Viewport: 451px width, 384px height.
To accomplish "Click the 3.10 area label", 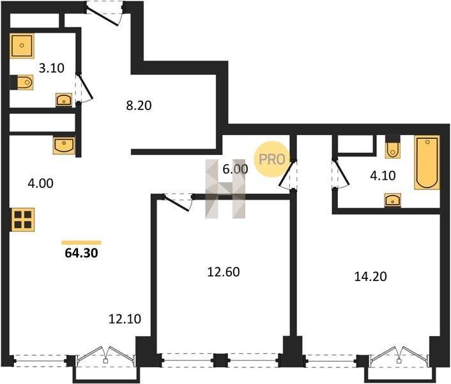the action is (52, 68).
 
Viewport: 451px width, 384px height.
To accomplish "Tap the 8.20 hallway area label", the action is (139, 106).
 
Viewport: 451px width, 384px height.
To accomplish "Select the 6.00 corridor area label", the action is (235, 169).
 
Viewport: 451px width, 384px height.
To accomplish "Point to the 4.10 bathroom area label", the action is (383, 175).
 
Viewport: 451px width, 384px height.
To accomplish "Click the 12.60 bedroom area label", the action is (224, 271).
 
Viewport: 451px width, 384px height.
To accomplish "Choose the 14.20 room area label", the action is (371, 276).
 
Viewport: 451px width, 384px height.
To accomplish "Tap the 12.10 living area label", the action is (125, 319).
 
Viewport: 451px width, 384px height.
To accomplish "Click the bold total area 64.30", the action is (81, 253).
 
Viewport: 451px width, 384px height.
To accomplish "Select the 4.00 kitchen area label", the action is (40, 183).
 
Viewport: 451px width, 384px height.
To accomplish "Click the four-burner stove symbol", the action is (23, 220).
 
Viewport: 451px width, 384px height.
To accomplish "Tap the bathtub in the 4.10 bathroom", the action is (427, 163).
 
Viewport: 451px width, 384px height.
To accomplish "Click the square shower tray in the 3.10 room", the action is (22, 45).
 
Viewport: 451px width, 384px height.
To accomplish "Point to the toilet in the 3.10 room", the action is (22, 83).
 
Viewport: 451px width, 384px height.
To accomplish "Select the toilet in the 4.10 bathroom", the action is (392, 147).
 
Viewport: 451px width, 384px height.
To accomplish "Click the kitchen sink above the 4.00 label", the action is (64, 145).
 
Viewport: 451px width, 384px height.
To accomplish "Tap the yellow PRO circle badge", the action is (271, 159).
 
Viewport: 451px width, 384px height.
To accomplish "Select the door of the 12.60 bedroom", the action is (178, 202).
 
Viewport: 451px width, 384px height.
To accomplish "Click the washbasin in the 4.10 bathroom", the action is (393, 200).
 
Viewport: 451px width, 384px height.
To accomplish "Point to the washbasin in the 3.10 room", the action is (64, 100).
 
